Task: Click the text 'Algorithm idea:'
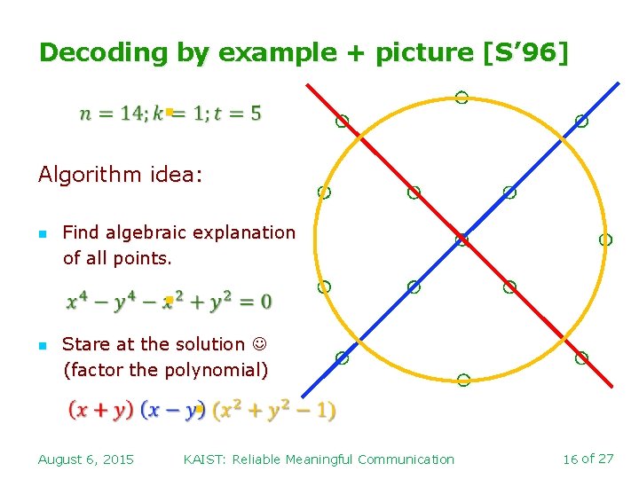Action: pyautogui.click(x=120, y=175)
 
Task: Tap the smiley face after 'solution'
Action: pyautogui.click(x=258, y=344)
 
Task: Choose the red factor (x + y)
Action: pyautogui.click(x=101, y=411)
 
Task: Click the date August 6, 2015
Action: pyautogui.click(x=86, y=459)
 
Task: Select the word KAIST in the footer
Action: pyautogui.click(x=203, y=459)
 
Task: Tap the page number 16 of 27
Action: pyautogui.click(x=588, y=459)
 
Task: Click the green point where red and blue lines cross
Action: pyautogui.click(x=461, y=239)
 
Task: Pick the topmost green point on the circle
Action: pyautogui.click(x=461, y=98)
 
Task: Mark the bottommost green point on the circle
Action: pyautogui.click(x=462, y=381)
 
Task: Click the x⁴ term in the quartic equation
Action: pyautogui.click(x=77, y=302)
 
